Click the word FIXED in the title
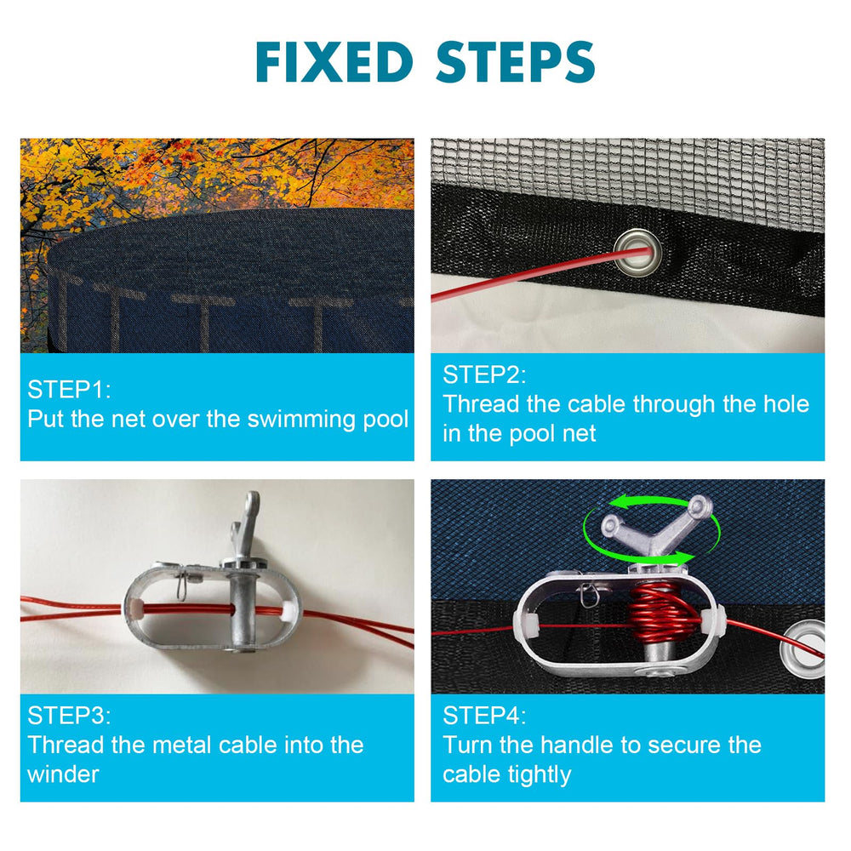pyautogui.click(x=334, y=62)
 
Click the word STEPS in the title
pyautogui.click(x=516, y=62)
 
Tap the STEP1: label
pyautogui.click(x=69, y=390)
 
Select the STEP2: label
pyautogui.click(x=484, y=375)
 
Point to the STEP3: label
pyautogui.click(x=69, y=716)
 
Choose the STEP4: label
pyautogui.click(x=484, y=716)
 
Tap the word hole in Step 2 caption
pyautogui.click(x=786, y=404)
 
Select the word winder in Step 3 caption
pyautogui.click(x=63, y=774)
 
